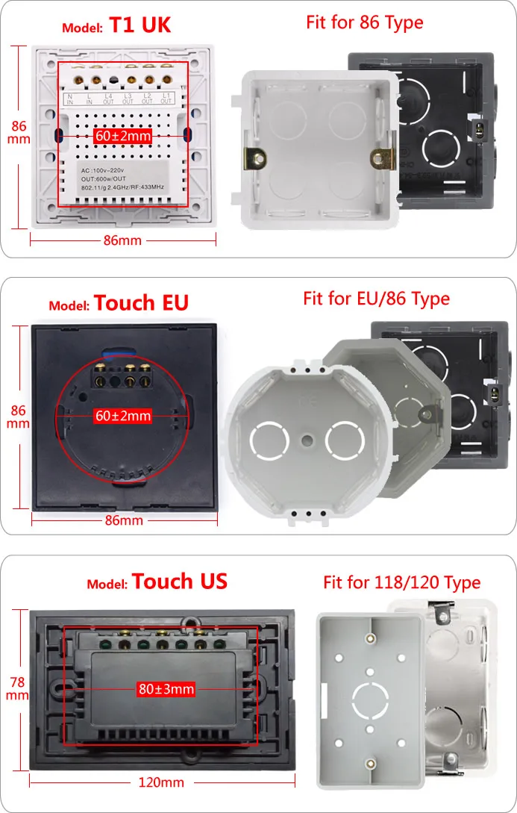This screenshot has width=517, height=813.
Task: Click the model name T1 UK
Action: tap(140, 25)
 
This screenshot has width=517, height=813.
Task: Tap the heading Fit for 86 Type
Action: tap(365, 22)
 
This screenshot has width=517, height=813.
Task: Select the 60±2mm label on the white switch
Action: tap(123, 137)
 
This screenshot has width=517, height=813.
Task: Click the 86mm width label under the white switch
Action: tap(123, 240)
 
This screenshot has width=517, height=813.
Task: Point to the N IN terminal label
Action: tap(69, 99)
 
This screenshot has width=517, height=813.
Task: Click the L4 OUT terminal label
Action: tap(108, 99)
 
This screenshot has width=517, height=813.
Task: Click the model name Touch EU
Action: tap(141, 302)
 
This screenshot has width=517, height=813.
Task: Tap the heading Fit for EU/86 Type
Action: tap(376, 299)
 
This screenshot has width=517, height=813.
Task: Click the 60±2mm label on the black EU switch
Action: tap(123, 416)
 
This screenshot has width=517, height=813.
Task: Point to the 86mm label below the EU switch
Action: tap(123, 520)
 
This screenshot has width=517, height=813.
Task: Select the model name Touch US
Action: tap(180, 582)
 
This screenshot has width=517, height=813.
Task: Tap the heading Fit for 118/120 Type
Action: tap(401, 582)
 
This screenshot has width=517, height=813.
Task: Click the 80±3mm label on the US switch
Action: tap(166, 688)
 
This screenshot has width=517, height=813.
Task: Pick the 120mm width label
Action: tap(162, 782)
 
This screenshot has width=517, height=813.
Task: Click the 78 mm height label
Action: tap(19, 688)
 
